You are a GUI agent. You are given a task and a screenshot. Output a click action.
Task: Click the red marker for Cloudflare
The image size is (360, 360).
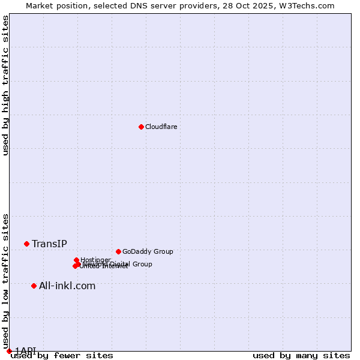[141, 127]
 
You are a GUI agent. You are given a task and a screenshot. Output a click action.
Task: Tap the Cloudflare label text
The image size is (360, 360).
[161, 127]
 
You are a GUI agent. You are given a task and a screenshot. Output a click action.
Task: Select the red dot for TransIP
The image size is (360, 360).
[26, 244]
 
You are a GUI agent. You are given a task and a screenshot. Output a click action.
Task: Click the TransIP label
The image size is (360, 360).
[49, 244]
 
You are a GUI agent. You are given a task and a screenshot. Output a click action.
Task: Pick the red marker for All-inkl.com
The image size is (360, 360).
[34, 286]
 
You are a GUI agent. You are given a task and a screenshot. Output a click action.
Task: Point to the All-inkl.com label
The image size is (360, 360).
[67, 286]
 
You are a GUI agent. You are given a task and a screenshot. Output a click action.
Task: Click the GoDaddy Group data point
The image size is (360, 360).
[118, 251]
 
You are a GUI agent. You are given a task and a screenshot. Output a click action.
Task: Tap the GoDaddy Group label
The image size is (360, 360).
[147, 251]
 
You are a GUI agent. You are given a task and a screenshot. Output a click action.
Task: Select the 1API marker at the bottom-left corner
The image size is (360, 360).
[9, 351]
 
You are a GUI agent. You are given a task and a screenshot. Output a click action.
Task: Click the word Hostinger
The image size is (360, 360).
[95, 260]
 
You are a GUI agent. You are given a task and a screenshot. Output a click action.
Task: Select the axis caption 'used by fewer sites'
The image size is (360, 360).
[62, 355]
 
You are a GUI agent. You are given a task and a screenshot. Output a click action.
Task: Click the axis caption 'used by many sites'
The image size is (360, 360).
[301, 355]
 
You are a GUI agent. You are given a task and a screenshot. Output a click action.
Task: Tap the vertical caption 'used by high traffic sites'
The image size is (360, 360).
[5, 85]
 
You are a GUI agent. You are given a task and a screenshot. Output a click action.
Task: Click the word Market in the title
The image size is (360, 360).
[40, 5]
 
